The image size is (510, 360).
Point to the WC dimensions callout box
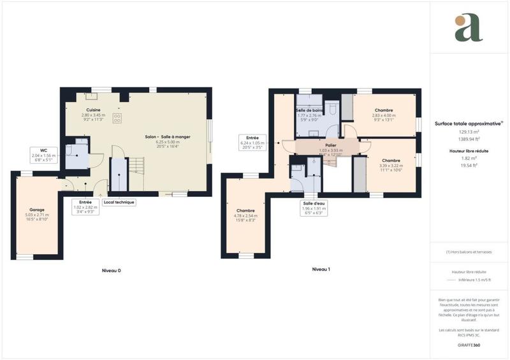tap(43, 155)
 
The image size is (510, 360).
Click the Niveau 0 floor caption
tap(112, 271)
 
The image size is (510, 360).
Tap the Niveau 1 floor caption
tap(321, 270)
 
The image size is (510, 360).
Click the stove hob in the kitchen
tap(117, 117)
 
